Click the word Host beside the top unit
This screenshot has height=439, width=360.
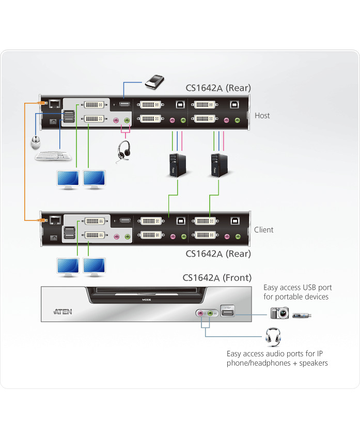pyautogui.click(x=262, y=116)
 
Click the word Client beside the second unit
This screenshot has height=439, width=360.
pyautogui.click(x=264, y=230)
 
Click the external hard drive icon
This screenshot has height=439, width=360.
pyautogui.click(x=155, y=81)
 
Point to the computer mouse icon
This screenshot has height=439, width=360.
pyautogui.click(x=36, y=140)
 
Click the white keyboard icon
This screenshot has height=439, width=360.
pyautogui.click(x=53, y=155)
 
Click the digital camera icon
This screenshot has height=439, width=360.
pyautogui.click(x=279, y=313)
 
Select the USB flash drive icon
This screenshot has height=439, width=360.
pyautogui.click(x=302, y=314)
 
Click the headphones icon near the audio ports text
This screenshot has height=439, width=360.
pyautogui.click(x=273, y=337)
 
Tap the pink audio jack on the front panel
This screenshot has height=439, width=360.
pyautogui.click(x=200, y=313)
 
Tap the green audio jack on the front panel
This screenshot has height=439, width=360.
pyautogui.click(x=210, y=313)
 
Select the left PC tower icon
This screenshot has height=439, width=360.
pyautogui.click(x=177, y=165)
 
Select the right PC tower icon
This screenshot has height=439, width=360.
pyautogui.click(x=218, y=165)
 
